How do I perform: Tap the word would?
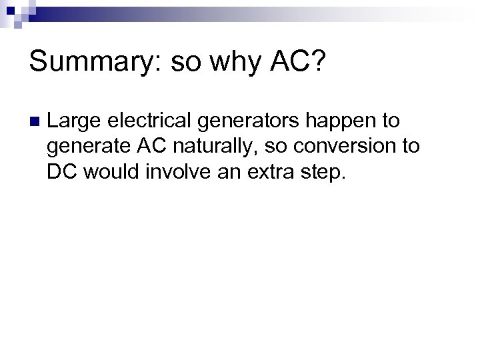pyautogui.click(x=108, y=171)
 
